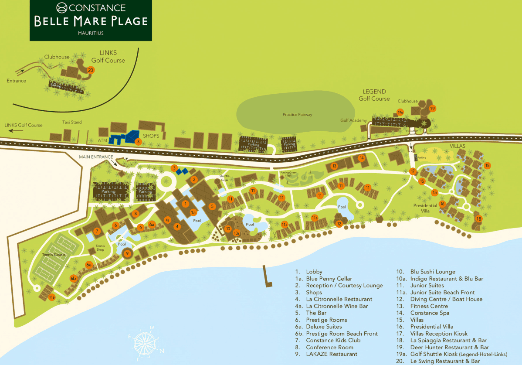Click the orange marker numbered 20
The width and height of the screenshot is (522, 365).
(x=91, y=70)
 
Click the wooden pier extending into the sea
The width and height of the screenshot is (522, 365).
(x=267, y=277)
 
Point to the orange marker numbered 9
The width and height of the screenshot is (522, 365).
(x=127, y=253)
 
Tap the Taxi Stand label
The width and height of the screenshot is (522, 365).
(x=71, y=122)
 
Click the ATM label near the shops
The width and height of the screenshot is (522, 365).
(x=103, y=140)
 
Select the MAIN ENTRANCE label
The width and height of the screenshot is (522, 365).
(x=96, y=157)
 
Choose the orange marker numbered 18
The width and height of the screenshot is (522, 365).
(x=478, y=219)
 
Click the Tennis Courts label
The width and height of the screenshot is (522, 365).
(x=54, y=254)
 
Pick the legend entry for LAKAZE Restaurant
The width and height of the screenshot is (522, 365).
(x=331, y=354)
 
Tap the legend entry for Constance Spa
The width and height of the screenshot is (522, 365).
(x=429, y=313)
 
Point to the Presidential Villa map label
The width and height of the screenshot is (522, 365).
(x=425, y=208)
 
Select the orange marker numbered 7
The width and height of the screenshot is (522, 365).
(x=97, y=231)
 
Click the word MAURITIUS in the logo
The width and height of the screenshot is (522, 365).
(x=91, y=33)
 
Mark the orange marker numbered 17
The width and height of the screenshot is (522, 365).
(x=412, y=171)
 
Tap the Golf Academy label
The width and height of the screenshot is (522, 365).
(x=353, y=120)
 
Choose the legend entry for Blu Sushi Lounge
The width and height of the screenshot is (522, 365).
(x=432, y=272)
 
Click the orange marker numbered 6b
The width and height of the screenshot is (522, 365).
(x=73, y=278)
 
